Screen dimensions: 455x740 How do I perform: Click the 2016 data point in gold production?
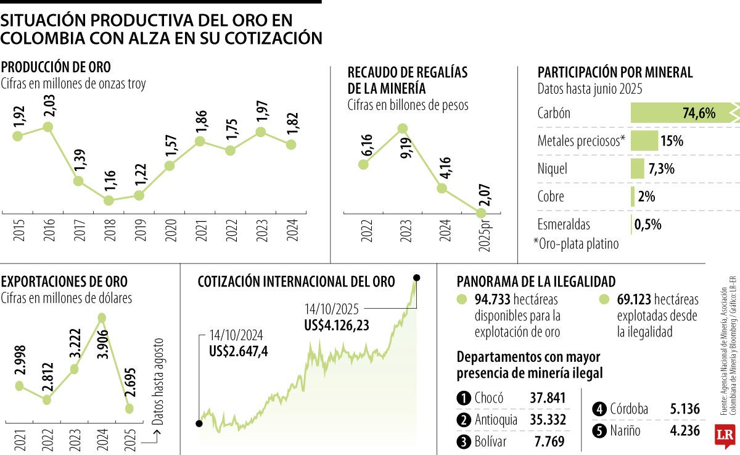47,127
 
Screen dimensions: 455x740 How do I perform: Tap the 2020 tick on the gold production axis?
170,228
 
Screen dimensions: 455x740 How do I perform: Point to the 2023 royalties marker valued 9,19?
402,128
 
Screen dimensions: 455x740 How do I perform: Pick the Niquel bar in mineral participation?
638,169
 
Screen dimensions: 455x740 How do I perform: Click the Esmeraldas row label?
563,224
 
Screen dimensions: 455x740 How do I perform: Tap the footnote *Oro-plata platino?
576,244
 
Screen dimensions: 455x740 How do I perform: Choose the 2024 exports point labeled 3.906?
102,318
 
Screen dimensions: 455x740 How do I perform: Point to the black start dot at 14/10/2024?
199,424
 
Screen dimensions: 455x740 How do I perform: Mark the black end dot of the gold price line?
417,278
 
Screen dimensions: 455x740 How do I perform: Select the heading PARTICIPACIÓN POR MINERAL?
615,72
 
